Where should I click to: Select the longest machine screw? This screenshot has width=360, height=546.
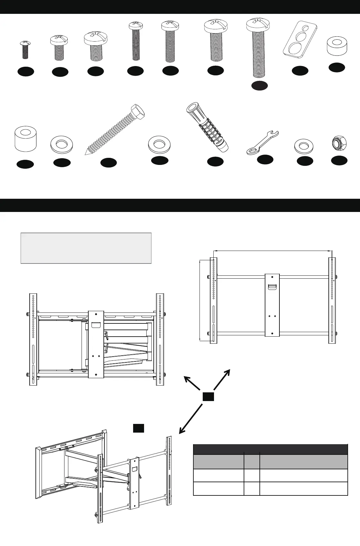pyautogui.click(x=258, y=48)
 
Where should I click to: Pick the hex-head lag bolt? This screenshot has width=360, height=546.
pyautogui.click(x=115, y=129)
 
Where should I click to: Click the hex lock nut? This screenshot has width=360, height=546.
pyautogui.click(x=339, y=143)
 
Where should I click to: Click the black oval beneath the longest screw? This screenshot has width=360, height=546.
pyautogui.click(x=259, y=86)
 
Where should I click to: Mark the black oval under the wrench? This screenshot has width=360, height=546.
pyautogui.click(x=265, y=159)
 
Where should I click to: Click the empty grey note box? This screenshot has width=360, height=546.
pyautogui.click(x=86, y=248)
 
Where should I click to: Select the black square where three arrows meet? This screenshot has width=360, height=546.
pyautogui.click(x=209, y=397)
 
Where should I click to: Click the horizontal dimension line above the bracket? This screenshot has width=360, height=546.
pyautogui.click(x=273, y=250)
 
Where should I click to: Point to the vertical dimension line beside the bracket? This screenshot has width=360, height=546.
pyautogui.click(x=200, y=300)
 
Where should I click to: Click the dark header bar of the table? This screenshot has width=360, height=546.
pyautogui.click(x=270, y=449)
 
